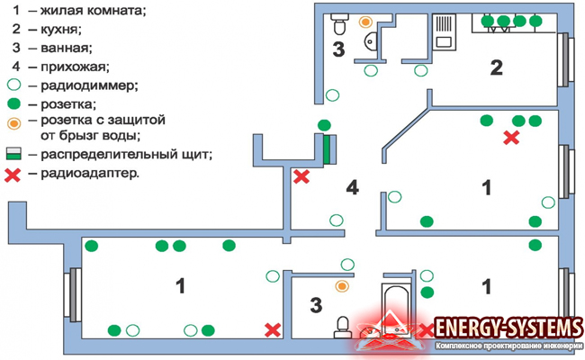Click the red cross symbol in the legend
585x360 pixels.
13,174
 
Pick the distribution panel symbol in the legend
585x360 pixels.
13,155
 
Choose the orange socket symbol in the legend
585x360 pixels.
13,121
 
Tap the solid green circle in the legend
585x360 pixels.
13,103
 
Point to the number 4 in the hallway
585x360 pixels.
353,188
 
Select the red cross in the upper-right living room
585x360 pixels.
511,138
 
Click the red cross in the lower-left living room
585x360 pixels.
271,330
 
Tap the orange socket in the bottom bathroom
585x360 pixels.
341,286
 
